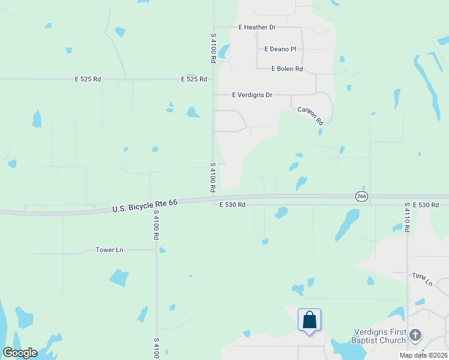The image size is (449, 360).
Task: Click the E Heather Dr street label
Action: pyautogui.click(x=256, y=28)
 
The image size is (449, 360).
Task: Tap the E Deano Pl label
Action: pyautogui.click(x=280, y=49)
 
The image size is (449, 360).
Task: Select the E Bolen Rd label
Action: pyautogui.click(x=287, y=69)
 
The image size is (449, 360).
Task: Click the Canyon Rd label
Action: pyautogui.click(x=311, y=116)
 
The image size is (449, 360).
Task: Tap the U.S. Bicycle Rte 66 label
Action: pyautogui.click(x=145, y=206)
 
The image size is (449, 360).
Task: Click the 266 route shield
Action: pyautogui.click(x=361, y=196)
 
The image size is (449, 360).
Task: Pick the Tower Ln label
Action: pyautogui.click(x=109, y=250)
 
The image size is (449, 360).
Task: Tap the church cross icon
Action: pyautogui.click(x=416, y=335)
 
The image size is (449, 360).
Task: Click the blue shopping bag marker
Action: pyautogui.click(x=309, y=320)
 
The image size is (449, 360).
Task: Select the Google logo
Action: pyautogui.click(x=20, y=353)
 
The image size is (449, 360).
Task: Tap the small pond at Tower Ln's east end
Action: pyautogui.click(x=162, y=250)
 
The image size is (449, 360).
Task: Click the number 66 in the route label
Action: pyautogui.click(x=173, y=203)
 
